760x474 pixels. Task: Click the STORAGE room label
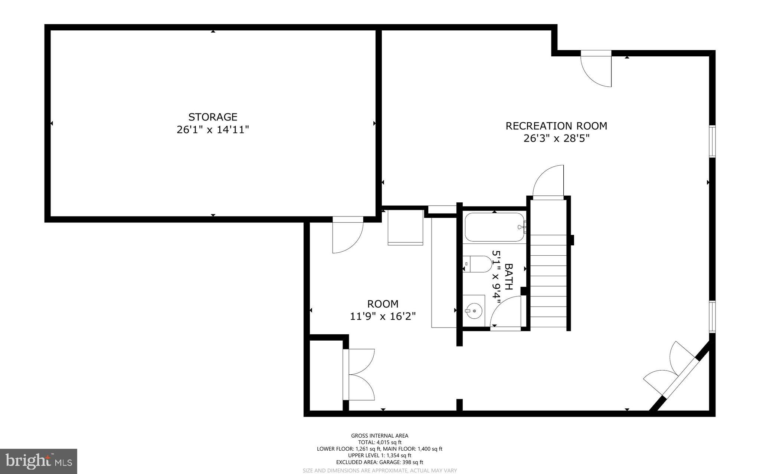213,117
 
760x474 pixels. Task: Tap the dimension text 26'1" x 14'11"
213,130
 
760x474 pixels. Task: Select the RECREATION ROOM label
556,126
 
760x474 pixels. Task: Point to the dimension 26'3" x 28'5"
556,139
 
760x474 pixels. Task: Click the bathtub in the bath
494,227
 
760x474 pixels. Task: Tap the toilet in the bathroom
479,264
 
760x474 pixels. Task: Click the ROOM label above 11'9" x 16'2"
383,304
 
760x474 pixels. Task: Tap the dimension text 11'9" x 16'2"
383,316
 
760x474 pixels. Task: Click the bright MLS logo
39,461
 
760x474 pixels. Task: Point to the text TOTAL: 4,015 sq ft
379,442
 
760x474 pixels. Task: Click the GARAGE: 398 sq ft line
379,462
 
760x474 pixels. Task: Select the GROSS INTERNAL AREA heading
379,436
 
